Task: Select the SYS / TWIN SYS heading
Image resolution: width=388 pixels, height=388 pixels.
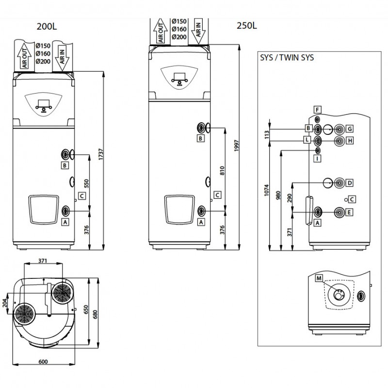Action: coord(287,57)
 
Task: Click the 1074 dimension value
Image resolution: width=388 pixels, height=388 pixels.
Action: coord(266,195)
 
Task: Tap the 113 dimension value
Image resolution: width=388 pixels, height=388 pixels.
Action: coord(266,134)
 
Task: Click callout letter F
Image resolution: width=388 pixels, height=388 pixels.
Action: coord(317,109)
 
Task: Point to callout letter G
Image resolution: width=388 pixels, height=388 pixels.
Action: coord(349,129)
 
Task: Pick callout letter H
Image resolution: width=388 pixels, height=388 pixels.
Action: coord(349,141)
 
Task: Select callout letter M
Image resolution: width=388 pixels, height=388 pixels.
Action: coord(319,278)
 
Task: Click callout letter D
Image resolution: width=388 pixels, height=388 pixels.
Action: coord(349,182)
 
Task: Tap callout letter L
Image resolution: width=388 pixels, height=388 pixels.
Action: coord(307,140)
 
